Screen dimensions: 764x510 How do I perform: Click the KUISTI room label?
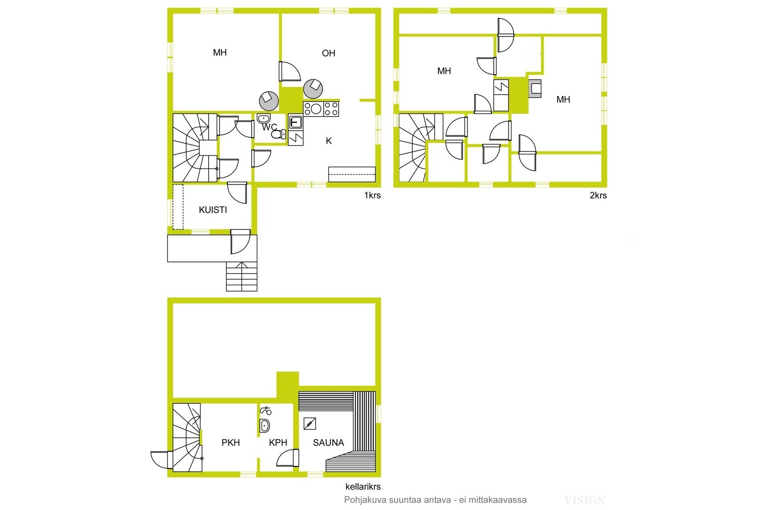(213, 210)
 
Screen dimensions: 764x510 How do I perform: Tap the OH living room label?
(329, 53)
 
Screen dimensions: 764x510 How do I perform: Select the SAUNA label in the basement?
(329, 443)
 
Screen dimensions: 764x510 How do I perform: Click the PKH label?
(231, 443)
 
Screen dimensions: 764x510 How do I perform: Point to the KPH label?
(278, 443)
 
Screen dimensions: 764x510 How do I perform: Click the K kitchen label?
(329, 141)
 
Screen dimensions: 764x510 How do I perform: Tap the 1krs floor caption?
(372, 195)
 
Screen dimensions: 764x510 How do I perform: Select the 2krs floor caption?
(598, 195)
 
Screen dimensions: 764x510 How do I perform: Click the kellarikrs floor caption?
(363, 487)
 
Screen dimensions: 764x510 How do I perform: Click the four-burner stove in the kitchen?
(321, 109)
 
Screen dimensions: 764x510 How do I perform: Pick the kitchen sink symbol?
(296, 122)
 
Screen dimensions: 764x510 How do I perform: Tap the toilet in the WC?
(279, 134)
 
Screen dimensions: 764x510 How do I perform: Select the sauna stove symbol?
(310, 423)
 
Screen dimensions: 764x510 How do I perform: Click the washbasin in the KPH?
(265, 426)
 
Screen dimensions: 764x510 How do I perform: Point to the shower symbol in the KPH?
(265, 410)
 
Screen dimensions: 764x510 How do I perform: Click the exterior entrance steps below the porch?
(242, 276)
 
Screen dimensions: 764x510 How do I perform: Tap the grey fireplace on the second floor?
(535, 89)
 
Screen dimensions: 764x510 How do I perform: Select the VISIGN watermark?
(584, 501)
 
